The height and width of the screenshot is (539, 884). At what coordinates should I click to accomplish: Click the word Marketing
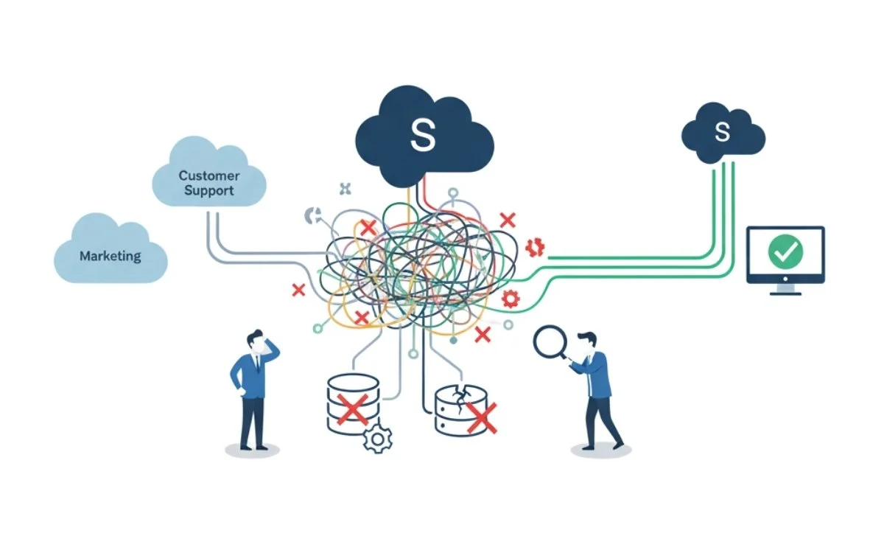pyautogui.click(x=110, y=257)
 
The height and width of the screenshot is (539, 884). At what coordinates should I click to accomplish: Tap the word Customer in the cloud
pyautogui.click(x=208, y=176)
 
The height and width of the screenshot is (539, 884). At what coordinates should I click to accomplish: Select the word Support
pyautogui.click(x=209, y=191)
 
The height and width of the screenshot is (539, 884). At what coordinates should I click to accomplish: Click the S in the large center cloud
pyautogui.click(x=423, y=134)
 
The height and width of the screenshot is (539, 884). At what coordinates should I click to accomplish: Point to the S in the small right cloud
pyautogui.click(x=723, y=133)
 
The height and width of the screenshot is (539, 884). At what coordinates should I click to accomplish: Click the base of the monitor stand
pyautogui.click(x=785, y=292)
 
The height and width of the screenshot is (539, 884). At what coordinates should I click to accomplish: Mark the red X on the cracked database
pyautogui.click(x=481, y=417)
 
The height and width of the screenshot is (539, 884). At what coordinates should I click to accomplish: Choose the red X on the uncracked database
pyautogui.click(x=351, y=408)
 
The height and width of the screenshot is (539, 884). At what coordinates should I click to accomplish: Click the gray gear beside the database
pyautogui.click(x=378, y=439)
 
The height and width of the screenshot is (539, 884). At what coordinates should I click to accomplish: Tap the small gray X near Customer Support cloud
pyautogui.click(x=345, y=188)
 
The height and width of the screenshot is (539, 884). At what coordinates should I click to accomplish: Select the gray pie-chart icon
pyautogui.click(x=312, y=216)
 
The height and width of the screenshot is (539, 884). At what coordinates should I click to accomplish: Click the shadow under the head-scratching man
pyautogui.click(x=253, y=449)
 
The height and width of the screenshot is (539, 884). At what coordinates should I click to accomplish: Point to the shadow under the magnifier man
pyautogui.click(x=600, y=450)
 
